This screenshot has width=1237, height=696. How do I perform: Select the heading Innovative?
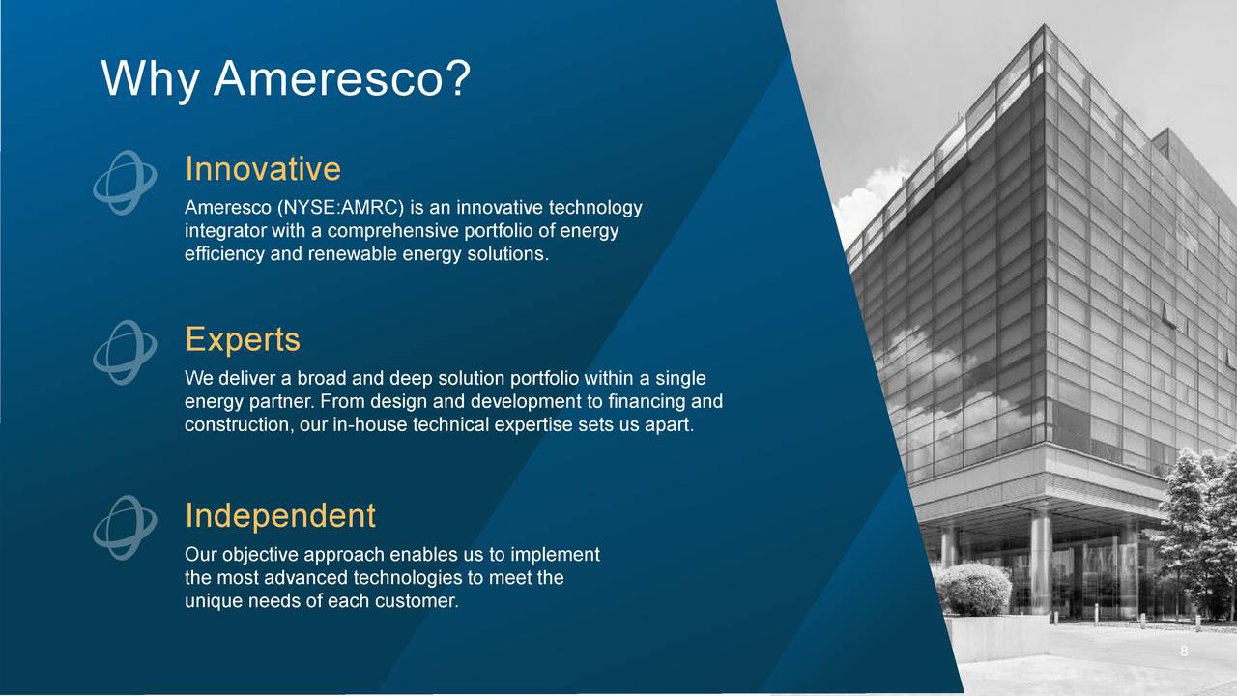click(x=262, y=169)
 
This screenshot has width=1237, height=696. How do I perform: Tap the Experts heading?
click(x=242, y=339)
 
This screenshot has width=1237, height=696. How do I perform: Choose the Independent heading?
click(x=279, y=515)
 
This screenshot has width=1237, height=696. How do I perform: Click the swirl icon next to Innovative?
click(x=125, y=183)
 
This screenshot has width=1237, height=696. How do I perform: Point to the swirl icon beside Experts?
click(x=125, y=353)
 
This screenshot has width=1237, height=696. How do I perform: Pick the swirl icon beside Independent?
click(x=125, y=528)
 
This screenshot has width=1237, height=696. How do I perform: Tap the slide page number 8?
click(x=1184, y=652)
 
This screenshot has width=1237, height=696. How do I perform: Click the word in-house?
click(x=369, y=425)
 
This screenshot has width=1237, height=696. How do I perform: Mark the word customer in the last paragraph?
click(x=422, y=601)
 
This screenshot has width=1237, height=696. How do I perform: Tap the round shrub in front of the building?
click(x=973, y=590)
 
